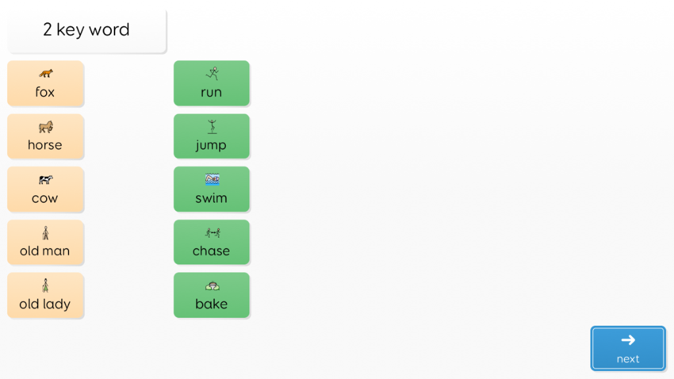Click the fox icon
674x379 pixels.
(45, 74)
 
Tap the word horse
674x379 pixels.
(45, 145)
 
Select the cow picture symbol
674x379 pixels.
(45, 180)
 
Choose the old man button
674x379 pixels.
(45, 242)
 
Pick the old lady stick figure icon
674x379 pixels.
(45, 286)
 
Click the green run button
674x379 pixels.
(211, 83)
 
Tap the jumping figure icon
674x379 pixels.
(212, 126)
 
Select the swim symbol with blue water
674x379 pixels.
(213, 179)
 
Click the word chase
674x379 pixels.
(211, 251)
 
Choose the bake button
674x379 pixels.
(211, 295)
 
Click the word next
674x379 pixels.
(628, 359)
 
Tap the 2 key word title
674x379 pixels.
(86, 30)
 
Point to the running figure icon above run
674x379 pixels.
(213, 74)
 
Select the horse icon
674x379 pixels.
(45, 127)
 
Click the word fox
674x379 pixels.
(45, 91)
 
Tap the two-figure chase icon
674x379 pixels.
(213, 232)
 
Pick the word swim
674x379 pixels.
(211, 197)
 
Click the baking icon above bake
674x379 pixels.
(213, 286)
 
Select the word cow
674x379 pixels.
(45, 199)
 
